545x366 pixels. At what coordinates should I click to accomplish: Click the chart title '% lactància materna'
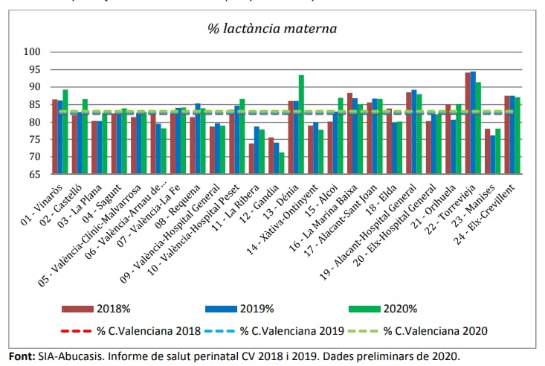(x=271, y=29)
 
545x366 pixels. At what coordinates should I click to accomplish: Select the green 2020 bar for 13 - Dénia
(x=301, y=124)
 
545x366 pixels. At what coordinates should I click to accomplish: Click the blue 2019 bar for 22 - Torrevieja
(x=473, y=123)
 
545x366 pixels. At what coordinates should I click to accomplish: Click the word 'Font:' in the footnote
(x=22, y=356)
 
